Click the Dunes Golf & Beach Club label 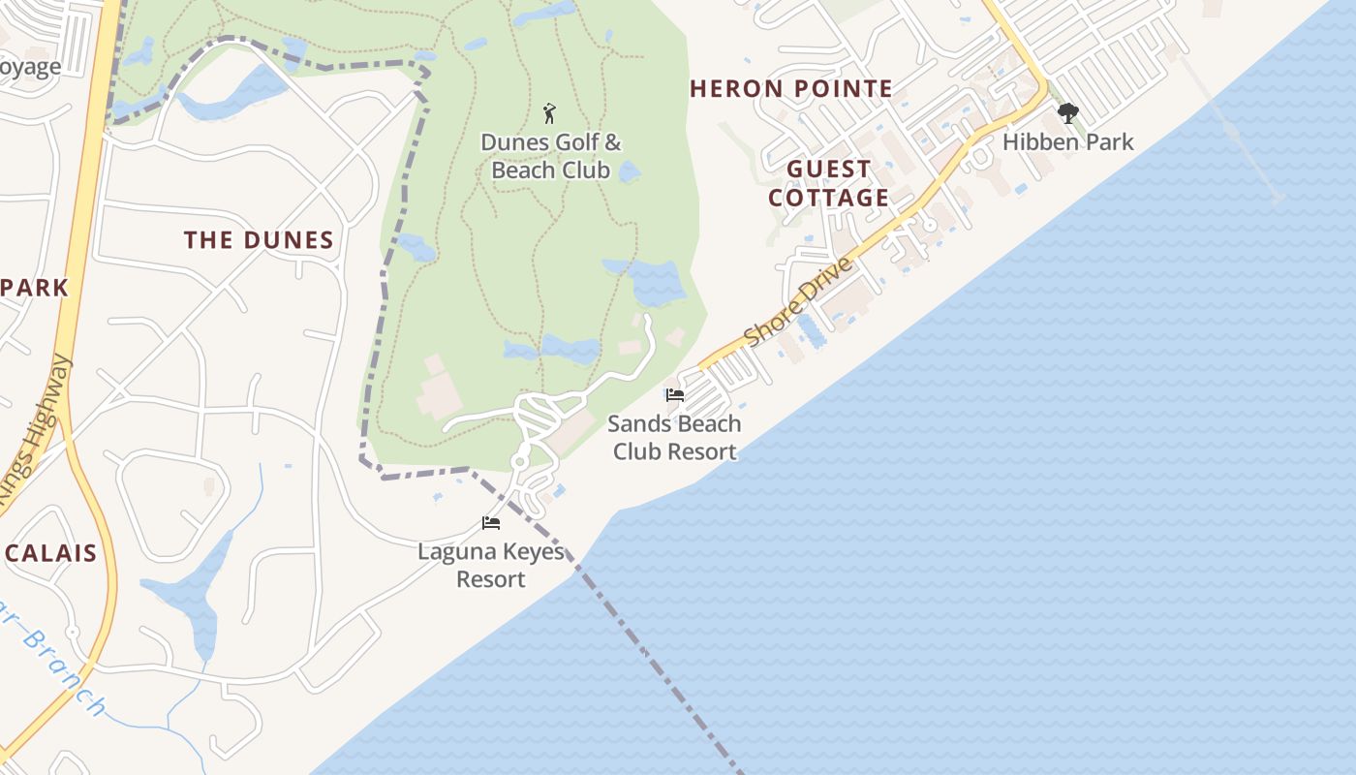point(550,157)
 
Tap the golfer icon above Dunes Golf point(550,113)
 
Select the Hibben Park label point(1067,142)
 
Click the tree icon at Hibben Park point(1067,113)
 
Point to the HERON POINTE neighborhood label point(791,89)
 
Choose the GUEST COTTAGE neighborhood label point(828,183)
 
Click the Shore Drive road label point(800,301)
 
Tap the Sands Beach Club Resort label point(675,437)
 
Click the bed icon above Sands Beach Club point(675,395)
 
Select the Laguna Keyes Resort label point(490,565)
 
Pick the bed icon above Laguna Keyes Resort point(491,523)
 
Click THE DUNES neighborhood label point(259,240)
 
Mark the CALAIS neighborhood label point(51,554)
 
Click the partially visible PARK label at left point(35,288)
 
